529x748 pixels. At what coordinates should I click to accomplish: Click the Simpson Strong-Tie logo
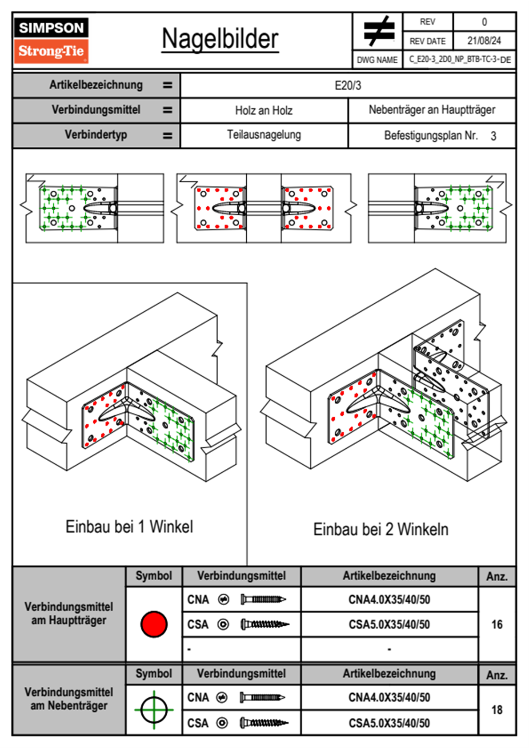click(51, 40)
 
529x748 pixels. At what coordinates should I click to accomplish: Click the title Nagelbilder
click(220, 39)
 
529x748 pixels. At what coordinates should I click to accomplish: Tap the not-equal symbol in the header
click(378, 31)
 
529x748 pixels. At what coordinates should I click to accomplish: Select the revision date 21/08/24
click(484, 41)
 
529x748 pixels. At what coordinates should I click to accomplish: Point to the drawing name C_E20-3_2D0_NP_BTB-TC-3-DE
click(460, 60)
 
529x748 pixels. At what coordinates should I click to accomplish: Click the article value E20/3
click(348, 85)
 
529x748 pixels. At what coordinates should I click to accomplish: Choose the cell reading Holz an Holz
click(264, 110)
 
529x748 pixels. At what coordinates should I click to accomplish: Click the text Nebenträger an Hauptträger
click(432, 110)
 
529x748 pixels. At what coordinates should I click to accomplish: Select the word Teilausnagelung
click(264, 135)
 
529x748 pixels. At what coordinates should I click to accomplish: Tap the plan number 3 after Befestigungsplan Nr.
click(493, 136)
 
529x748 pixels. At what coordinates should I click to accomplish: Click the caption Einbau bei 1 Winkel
click(129, 527)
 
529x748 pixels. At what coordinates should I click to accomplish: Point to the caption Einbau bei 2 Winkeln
click(381, 529)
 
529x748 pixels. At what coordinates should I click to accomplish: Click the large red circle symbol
click(154, 624)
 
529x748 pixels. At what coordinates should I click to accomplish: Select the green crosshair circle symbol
click(154, 709)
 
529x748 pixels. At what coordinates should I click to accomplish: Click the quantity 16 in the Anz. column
click(497, 624)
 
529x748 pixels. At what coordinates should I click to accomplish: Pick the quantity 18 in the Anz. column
click(497, 710)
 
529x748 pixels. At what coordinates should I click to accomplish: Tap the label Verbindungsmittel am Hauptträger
click(69, 613)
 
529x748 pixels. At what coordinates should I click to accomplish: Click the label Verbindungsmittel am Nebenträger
click(69, 699)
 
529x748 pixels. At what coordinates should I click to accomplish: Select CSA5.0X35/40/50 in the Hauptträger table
click(389, 625)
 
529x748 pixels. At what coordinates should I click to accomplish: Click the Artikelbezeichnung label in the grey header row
click(96, 85)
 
